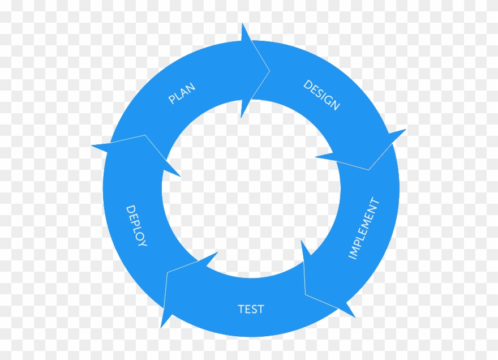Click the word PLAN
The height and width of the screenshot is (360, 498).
coord(182,93)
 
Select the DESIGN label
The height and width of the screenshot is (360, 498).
coord(321,95)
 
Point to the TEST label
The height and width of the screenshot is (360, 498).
coord(251,309)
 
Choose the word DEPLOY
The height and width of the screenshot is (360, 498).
coord(136,226)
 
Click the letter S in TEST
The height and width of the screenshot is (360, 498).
coord(254,309)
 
